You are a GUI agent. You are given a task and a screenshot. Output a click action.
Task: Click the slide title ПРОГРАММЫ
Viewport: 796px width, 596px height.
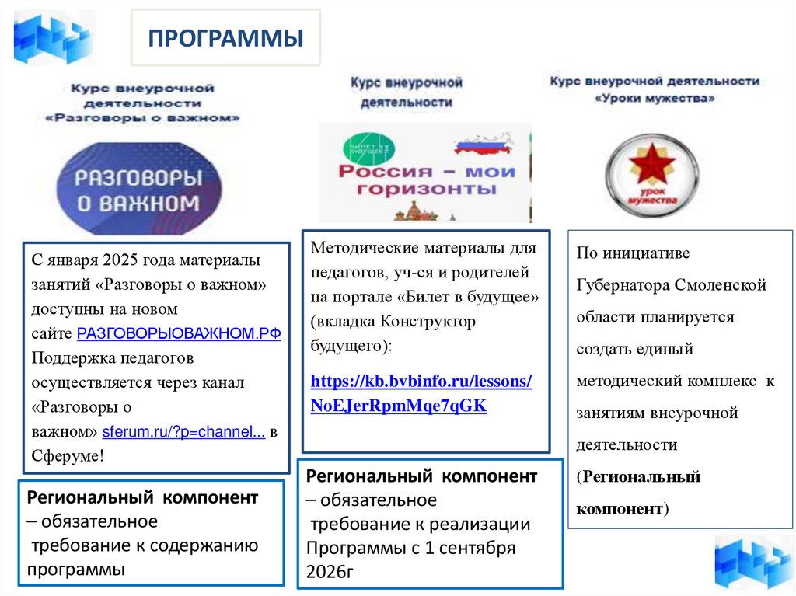click(225, 38)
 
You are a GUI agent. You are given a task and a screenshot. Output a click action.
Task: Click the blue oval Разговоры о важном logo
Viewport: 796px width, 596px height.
click(137, 189)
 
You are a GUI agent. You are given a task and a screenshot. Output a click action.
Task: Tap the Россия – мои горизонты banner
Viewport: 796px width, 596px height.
click(425, 173)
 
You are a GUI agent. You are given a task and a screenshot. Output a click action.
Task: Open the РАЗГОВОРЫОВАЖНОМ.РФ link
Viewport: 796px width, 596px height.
click(178, 334)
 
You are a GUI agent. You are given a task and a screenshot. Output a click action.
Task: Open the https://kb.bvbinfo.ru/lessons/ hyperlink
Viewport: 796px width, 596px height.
click(421, 382)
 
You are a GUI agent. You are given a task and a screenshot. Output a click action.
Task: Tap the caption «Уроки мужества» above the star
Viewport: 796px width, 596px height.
click(655, 99)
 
